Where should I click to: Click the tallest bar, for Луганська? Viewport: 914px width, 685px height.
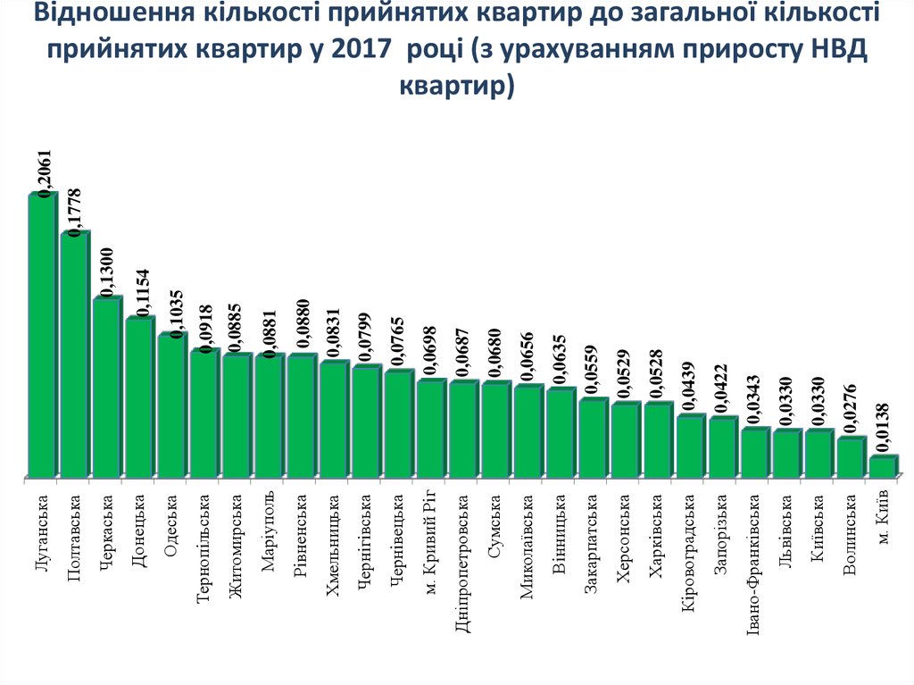42,335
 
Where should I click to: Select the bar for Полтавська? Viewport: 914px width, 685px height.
75,355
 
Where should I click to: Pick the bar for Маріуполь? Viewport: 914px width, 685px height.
269,415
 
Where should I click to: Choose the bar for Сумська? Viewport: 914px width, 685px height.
495,430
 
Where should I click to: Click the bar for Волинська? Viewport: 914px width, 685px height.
851,456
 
